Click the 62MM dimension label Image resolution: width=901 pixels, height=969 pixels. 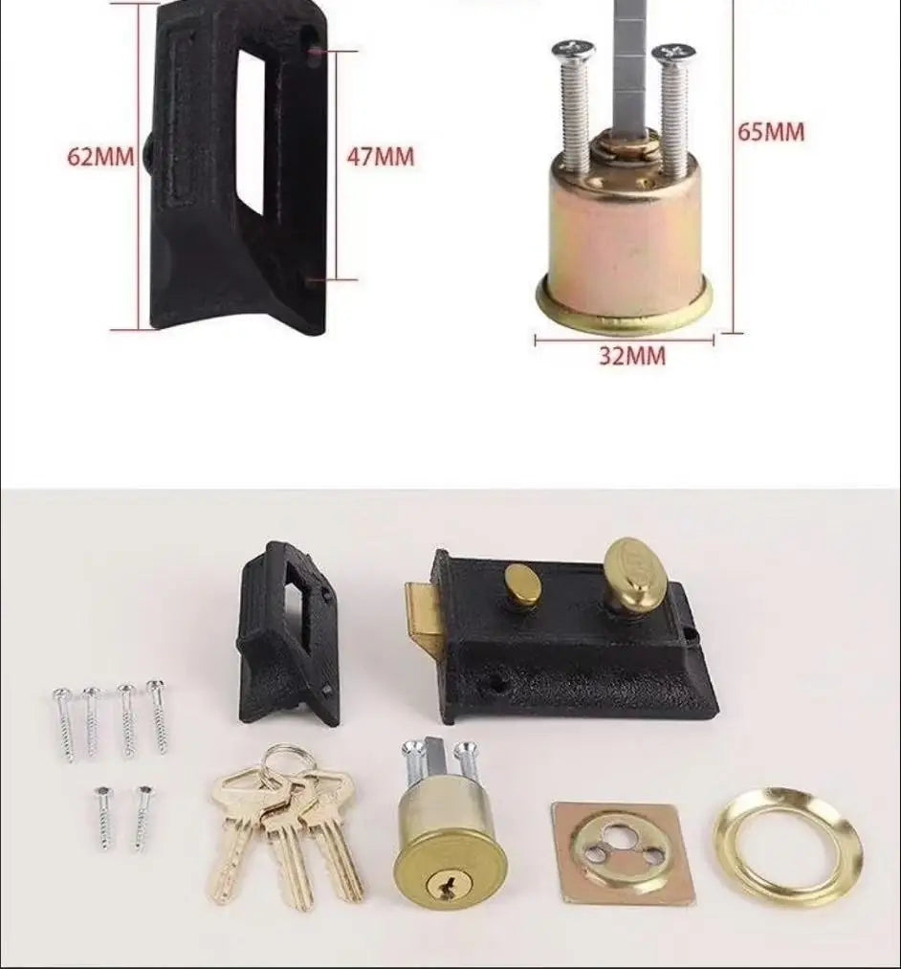[x=99, y=156]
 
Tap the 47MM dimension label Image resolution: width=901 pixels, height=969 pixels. [x=380, y=156]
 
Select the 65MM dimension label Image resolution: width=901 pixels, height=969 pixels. [x=771, y=131]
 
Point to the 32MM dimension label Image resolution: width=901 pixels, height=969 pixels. [x=632, y=356]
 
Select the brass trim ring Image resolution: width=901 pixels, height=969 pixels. [x=787, y=847]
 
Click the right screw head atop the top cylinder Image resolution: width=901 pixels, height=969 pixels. [x=674, y=52]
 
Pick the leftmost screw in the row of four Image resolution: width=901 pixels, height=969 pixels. [x=65, y=723]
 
